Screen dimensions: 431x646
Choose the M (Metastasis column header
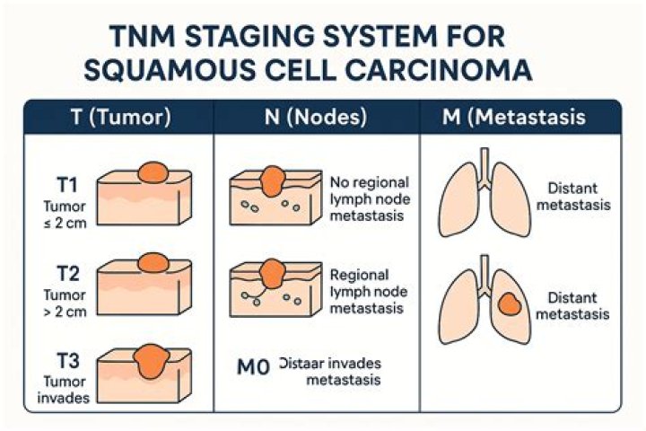pyautogui.click(x=514, y=118)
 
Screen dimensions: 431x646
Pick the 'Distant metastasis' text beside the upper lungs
pyautogui.click(x=578, y=196)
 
